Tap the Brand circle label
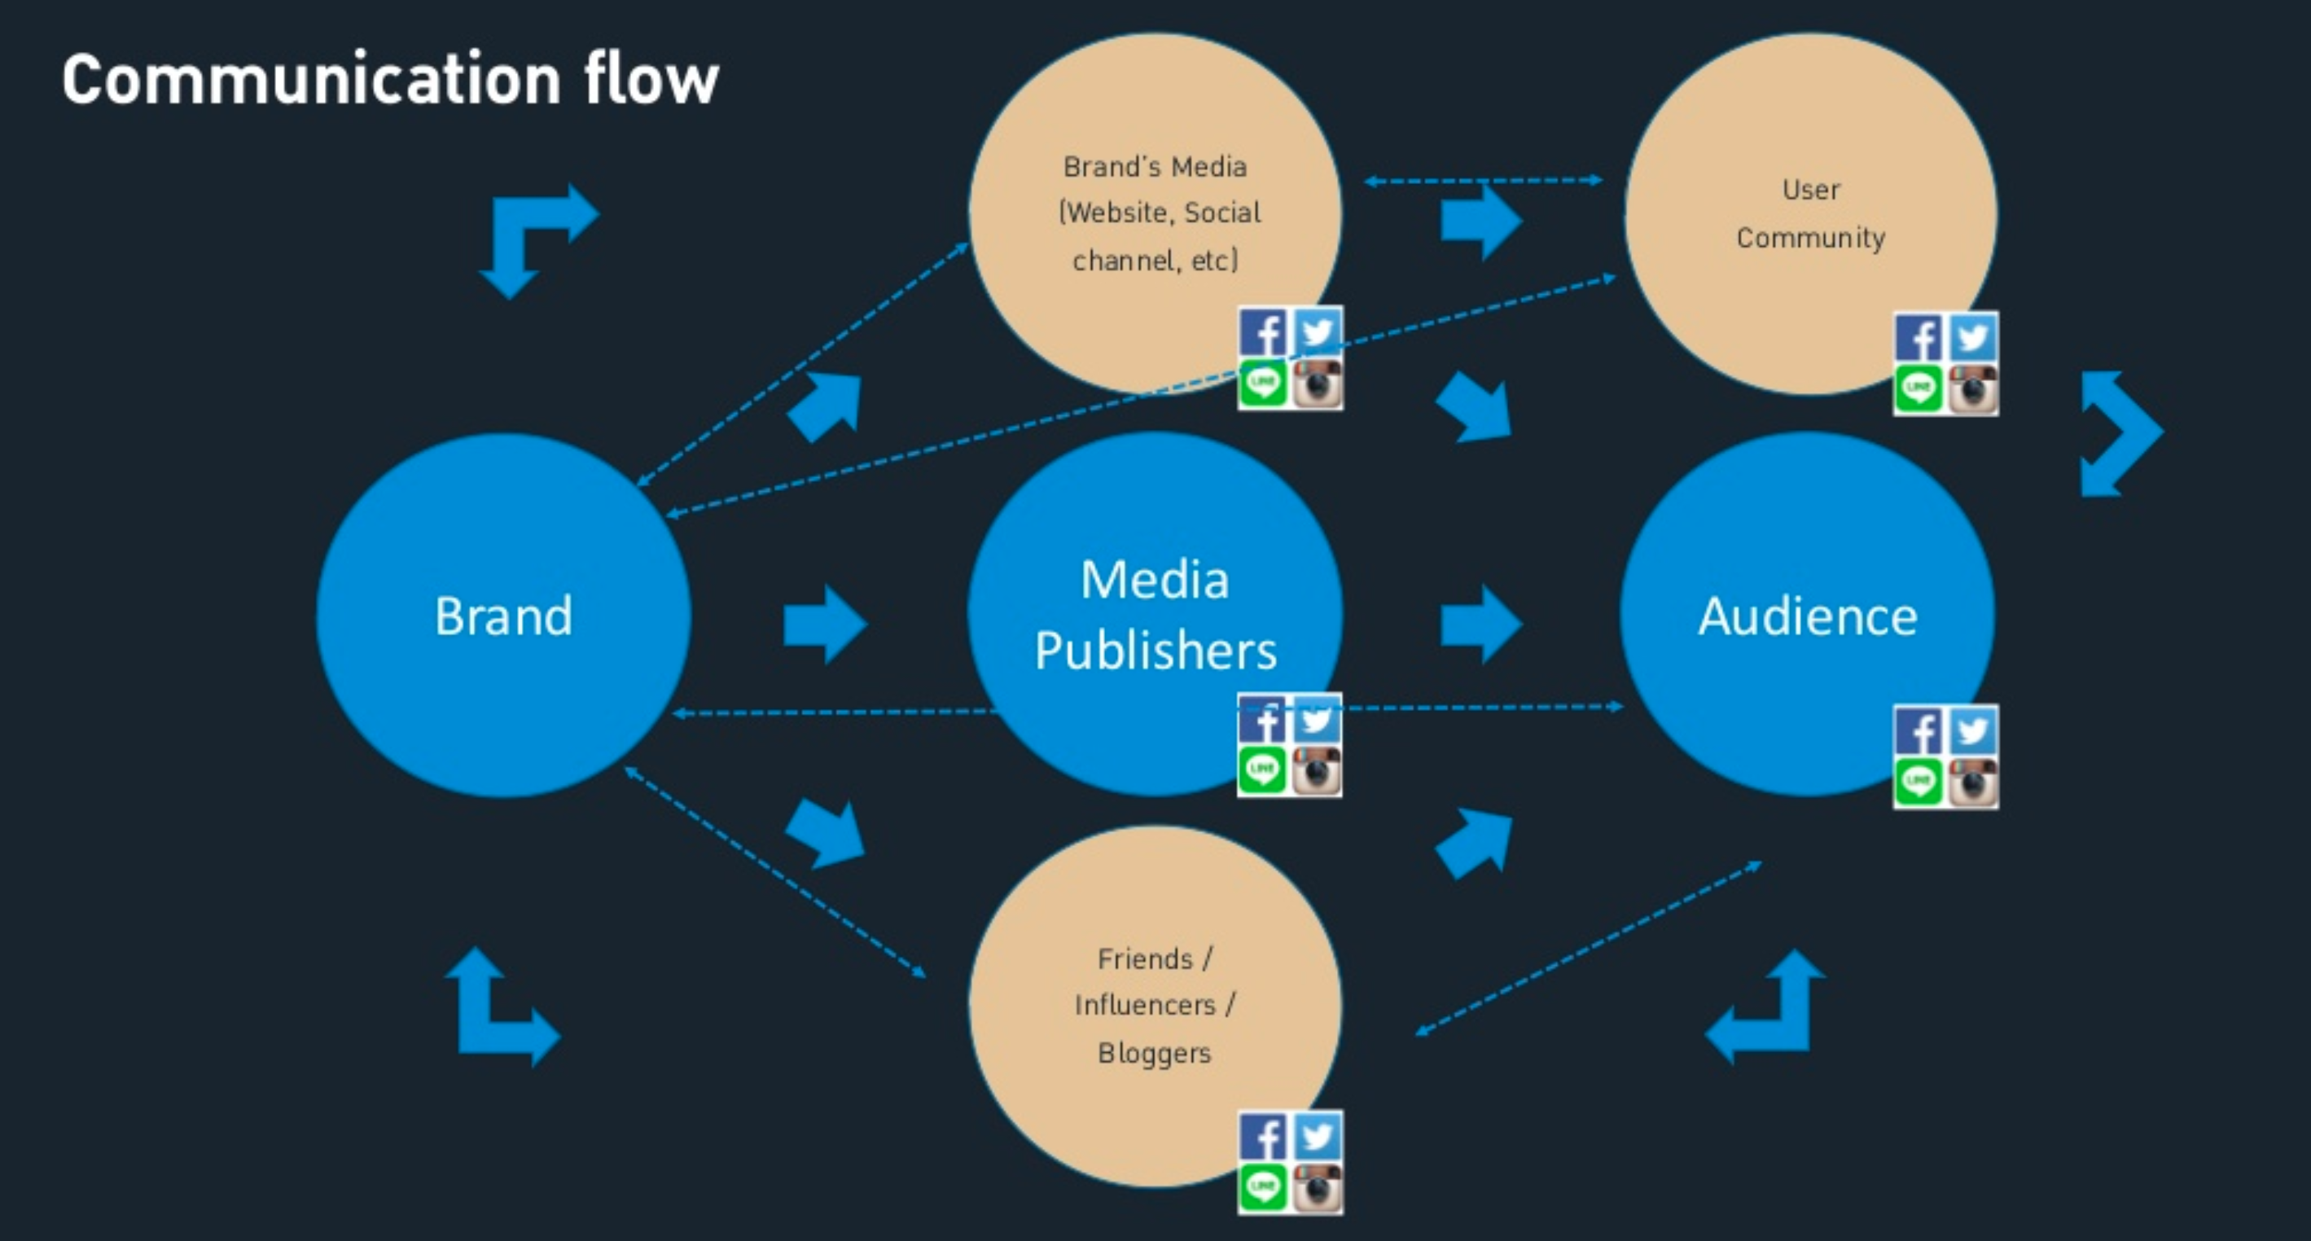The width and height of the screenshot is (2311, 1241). [503, 616]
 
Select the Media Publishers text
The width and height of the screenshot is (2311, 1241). [1155, 615]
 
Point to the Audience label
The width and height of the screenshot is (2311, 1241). [1808, 616]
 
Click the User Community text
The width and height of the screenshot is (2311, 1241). [1810, 213]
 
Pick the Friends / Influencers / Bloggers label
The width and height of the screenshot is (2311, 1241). [1155, 1005]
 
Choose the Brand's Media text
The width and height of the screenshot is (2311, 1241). [1155, 167]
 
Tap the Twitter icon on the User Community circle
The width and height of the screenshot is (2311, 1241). [1973, 338]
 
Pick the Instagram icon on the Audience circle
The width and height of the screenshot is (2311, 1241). [1973, 783]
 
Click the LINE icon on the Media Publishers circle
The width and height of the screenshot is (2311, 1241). [1263, 770]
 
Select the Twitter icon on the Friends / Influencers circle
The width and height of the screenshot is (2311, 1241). [1317, 1137]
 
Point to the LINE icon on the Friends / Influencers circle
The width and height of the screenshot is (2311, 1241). [1263, 1188]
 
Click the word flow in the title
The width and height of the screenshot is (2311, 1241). [651, 79]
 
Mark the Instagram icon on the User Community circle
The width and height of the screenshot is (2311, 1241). [1973, 389]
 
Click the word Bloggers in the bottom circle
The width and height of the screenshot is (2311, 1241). [1155, 1053]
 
